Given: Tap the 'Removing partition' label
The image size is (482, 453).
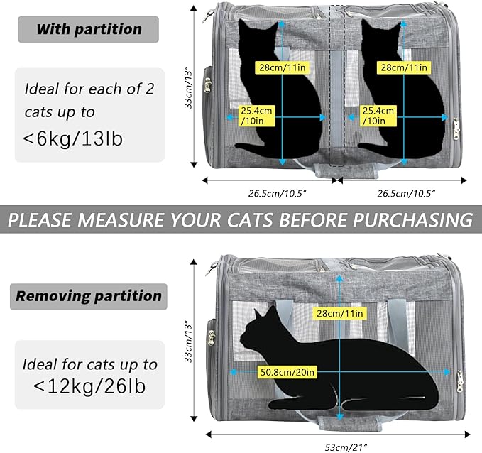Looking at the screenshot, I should (x=88, y=295).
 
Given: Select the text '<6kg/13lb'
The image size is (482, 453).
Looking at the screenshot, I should (x=73, y=138).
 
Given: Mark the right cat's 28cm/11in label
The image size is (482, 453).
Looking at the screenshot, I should (x=404, y=67).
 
